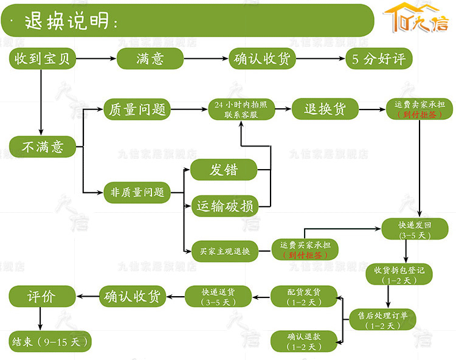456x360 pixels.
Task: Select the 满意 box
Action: (x=150, y=59)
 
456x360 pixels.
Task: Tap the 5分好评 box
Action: (x=378, y=59)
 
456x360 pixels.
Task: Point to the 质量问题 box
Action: (x=137, y=109)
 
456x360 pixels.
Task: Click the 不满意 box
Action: (x=43, y=146)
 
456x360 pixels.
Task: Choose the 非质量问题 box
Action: (x=137, y=192)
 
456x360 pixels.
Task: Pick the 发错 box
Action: (x=224, y=170)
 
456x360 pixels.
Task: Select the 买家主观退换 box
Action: (x=225, y=250)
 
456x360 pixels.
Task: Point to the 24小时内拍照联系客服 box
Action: (x=241, y=109)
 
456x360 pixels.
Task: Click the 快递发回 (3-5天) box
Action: (x=415, y=229)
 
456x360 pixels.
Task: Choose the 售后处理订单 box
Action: (x=383, y=319)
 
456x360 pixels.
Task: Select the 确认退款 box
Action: (x=304, y=341)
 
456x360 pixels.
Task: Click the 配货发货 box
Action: (x=304, y=296)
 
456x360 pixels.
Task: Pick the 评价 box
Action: (x=42, y=296)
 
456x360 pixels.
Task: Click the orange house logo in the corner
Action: (x=416, y=21)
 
